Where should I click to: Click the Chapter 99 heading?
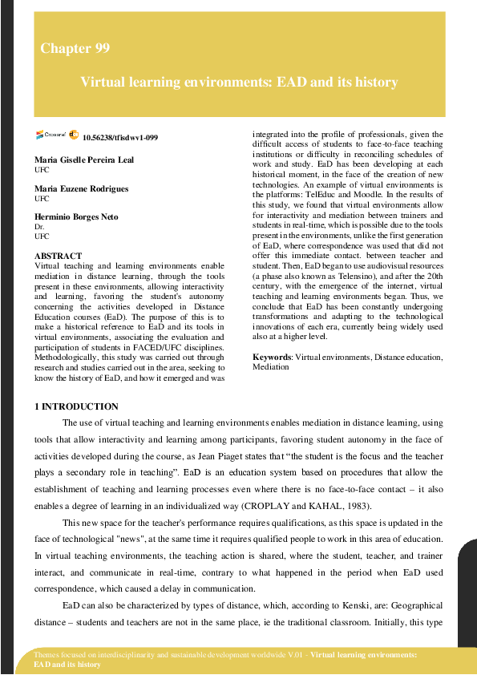(x=75, y=49)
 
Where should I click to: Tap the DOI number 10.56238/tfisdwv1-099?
(x=120, y=137)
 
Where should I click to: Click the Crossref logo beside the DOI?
(x=54, y=135)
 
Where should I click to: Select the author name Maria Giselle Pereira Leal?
(x=84, y=160)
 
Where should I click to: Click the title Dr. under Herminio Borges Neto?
(x=40, y=228)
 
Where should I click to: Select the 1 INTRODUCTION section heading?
(x=77, y=407)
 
